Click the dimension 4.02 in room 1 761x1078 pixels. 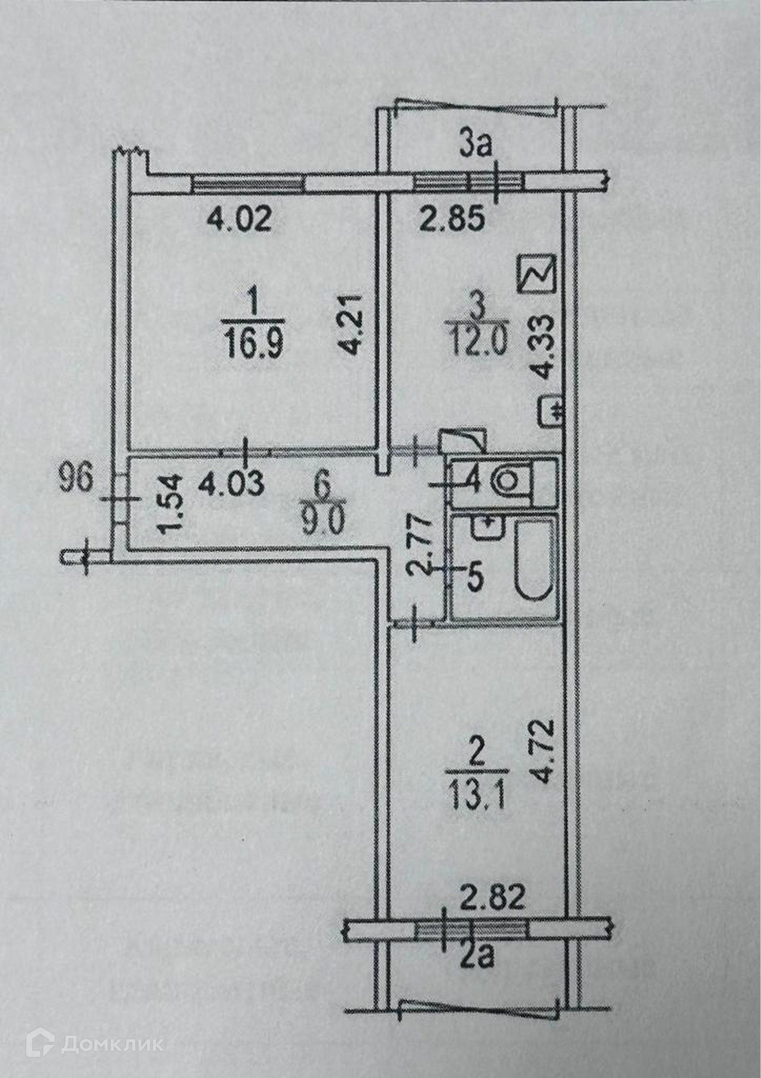point(239,220)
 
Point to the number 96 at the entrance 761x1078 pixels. point(76,480)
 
